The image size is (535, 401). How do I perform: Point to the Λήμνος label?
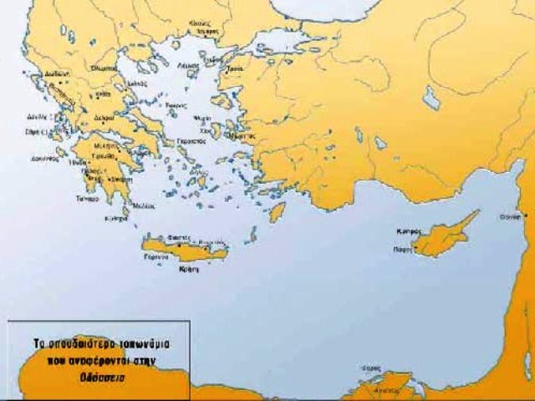189,64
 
